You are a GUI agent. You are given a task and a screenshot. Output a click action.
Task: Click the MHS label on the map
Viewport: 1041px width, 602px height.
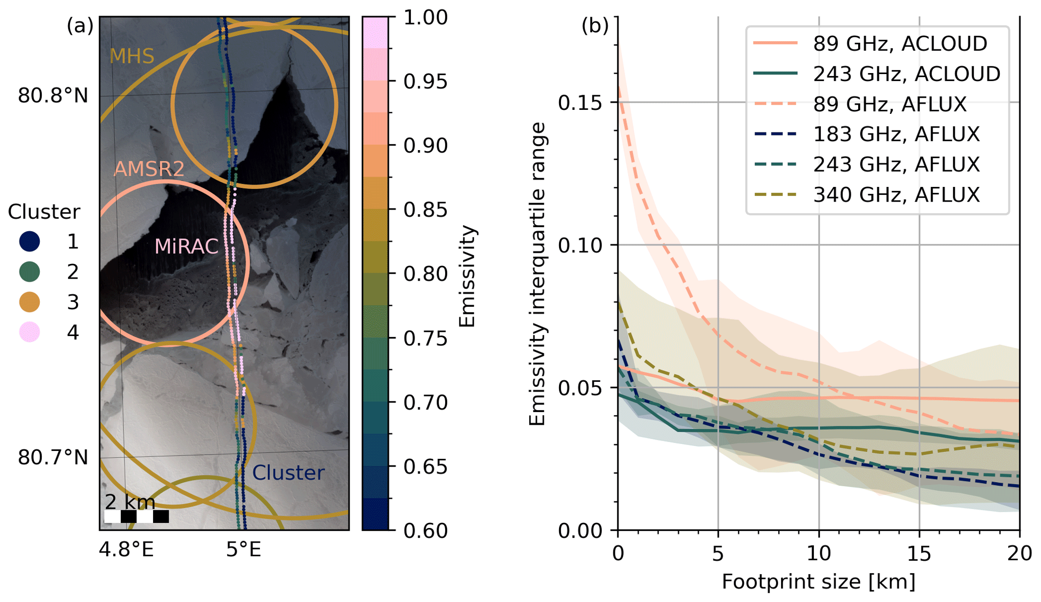131,56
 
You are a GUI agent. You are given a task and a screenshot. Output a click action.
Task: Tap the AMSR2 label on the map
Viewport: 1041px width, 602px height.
149,169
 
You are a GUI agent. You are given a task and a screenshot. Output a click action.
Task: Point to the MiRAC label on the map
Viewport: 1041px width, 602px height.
186,246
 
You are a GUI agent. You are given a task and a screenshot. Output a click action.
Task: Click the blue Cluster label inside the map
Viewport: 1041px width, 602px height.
288,473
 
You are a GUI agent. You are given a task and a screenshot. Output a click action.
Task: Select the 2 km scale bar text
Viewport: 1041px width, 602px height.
130,502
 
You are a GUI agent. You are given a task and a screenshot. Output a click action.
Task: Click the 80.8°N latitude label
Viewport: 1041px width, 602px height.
53,95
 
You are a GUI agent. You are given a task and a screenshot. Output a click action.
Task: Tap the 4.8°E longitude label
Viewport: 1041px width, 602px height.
126,550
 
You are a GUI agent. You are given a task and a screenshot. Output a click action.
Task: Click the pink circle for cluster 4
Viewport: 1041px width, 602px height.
30,332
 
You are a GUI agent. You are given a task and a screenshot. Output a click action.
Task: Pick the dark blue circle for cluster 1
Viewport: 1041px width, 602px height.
30,241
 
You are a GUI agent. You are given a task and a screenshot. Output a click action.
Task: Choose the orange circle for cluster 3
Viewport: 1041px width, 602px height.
30,302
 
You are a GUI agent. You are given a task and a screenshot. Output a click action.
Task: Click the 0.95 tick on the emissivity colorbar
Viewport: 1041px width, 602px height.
425,81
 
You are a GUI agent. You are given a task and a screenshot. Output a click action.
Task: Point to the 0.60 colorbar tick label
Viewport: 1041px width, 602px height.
425,530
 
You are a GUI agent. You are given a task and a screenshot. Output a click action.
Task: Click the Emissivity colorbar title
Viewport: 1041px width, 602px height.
467,276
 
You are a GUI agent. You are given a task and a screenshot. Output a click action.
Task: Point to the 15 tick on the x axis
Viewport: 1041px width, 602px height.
919,553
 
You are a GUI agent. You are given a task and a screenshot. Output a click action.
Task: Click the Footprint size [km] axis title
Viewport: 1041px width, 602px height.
818,582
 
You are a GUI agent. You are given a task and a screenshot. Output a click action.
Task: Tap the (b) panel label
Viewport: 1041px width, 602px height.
595,25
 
